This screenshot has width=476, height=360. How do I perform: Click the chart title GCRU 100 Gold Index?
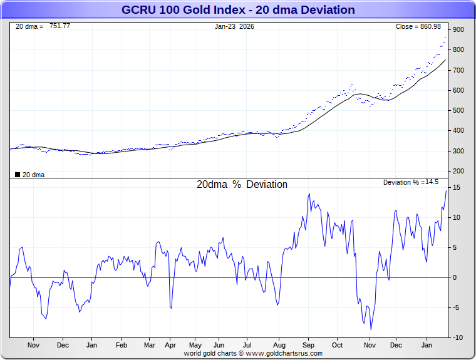click(x=238, y=10)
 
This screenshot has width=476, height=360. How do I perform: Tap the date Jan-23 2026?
click(x=234, y=26)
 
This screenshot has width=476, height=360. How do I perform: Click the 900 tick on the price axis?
click(x=458, y=30)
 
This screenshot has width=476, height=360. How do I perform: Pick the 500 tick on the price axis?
click(x=458, y=111)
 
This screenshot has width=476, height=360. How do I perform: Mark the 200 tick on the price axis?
click(x=458, y=172)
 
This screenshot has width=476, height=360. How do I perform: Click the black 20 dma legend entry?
click(x=29, y=175)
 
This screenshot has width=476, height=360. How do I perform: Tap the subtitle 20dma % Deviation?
click(x=242, y=185)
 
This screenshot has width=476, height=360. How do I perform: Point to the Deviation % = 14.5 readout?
click(x=411, y=182)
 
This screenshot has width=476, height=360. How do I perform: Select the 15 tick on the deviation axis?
click(x=457, y=188)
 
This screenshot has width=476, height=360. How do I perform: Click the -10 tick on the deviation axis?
click(x=457, y=337)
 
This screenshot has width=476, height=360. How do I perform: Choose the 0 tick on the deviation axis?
click(x=457, y=277)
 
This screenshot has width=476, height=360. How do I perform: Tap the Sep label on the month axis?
click(x=308, y=345)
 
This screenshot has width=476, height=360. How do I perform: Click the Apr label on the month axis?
click(x=170, y=345)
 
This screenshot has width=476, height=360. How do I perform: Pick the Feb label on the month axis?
click(x=122, y=345)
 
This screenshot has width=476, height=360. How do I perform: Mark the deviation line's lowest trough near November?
click(x=371, y=329)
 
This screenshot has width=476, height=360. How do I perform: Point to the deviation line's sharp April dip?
click(x=170, y=307)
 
